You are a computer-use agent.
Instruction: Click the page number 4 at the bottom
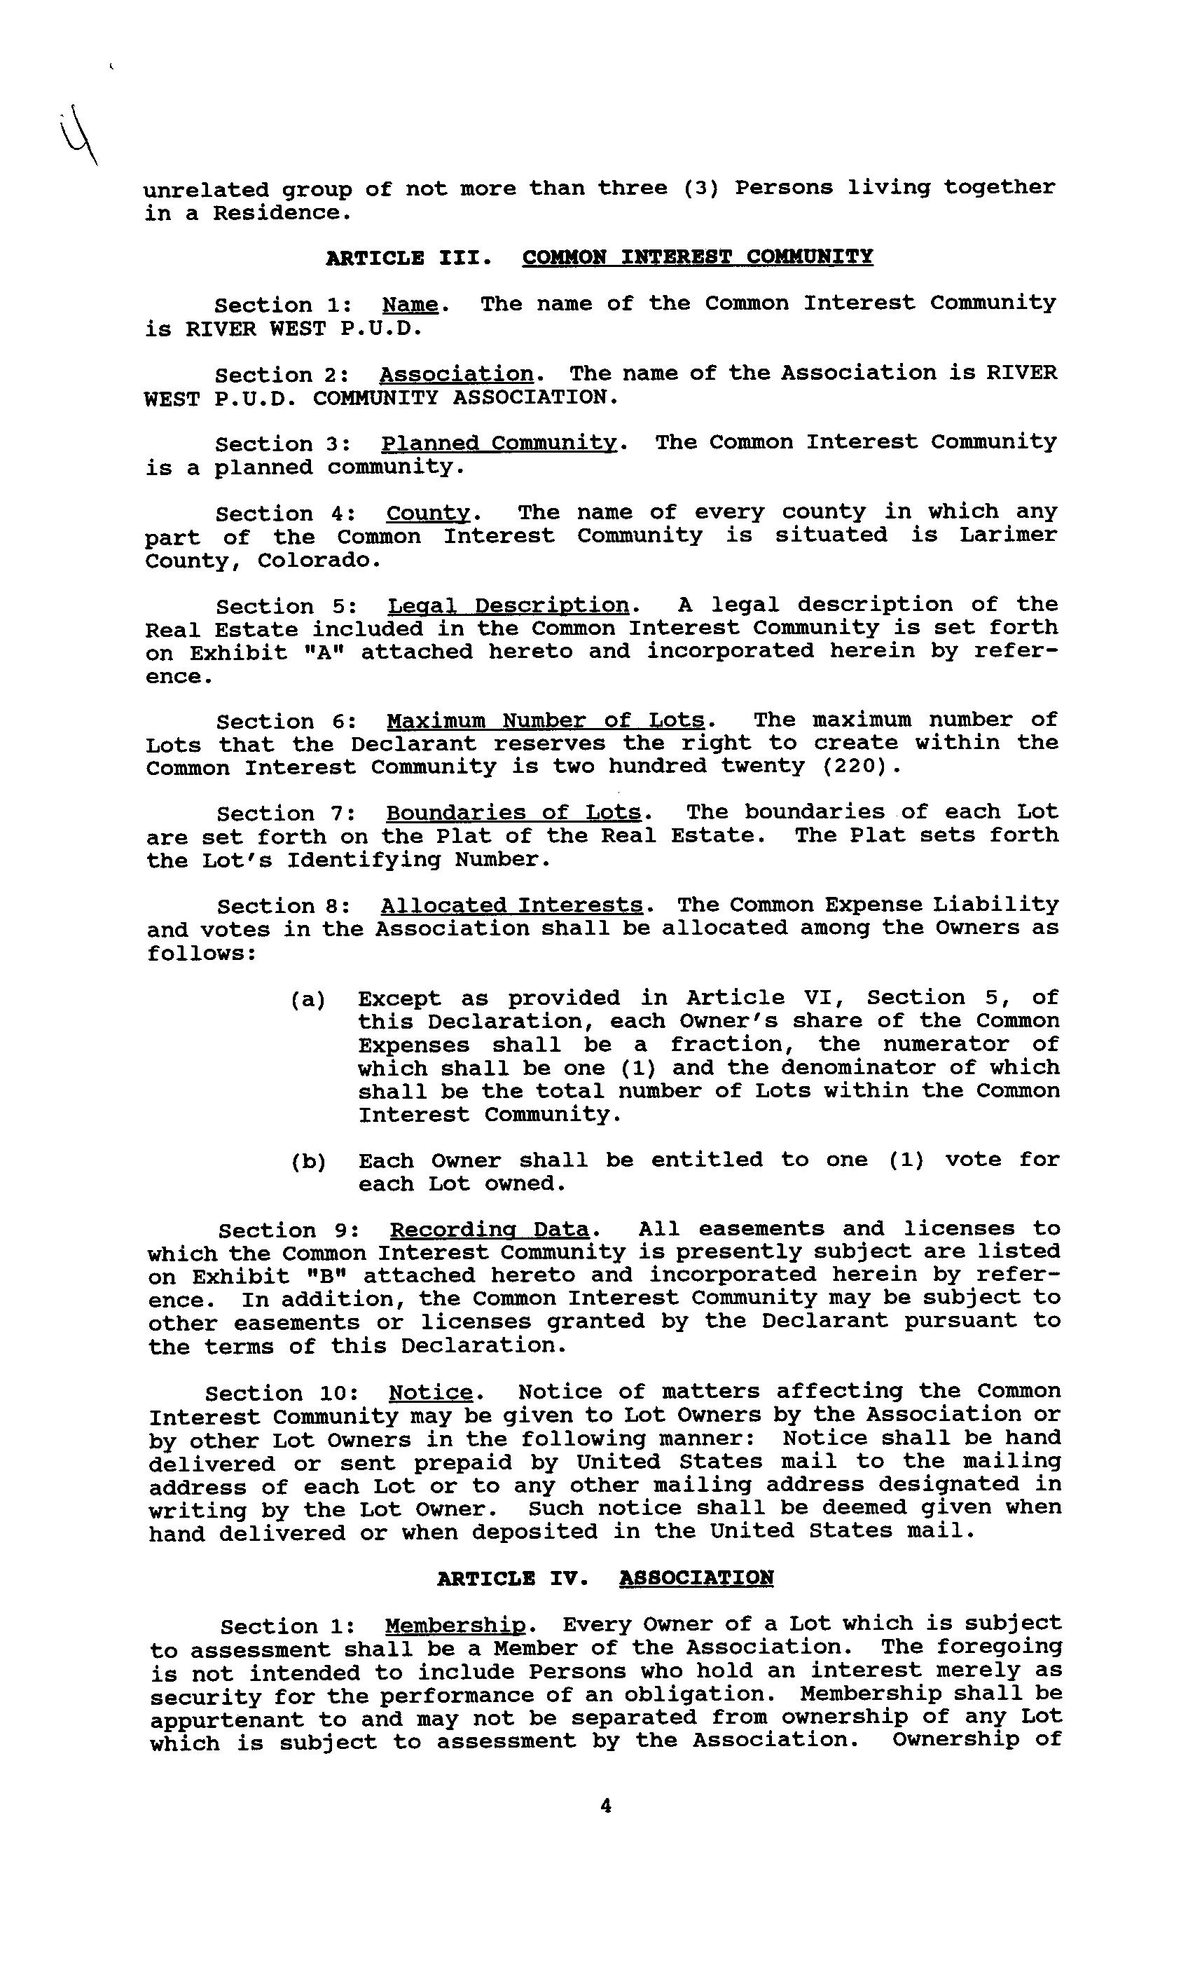click(x=605, y=1806)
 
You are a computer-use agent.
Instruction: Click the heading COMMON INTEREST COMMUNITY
click(x=697, y=257)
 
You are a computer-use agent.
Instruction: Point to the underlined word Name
click(x=410, y=305)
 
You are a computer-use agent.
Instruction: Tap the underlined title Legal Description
click(x=508, y=606)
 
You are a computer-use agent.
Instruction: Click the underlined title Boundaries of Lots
click(x=513, y=813)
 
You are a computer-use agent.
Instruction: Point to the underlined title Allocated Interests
click(x=511, y=906)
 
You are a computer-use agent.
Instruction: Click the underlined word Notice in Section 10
click(x=431, y=1393)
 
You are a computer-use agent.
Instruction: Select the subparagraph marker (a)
click(x=308, y=1000)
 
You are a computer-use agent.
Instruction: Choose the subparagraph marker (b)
click(x=308, y=1162)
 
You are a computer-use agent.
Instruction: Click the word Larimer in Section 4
click(x=1008, y=535)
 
